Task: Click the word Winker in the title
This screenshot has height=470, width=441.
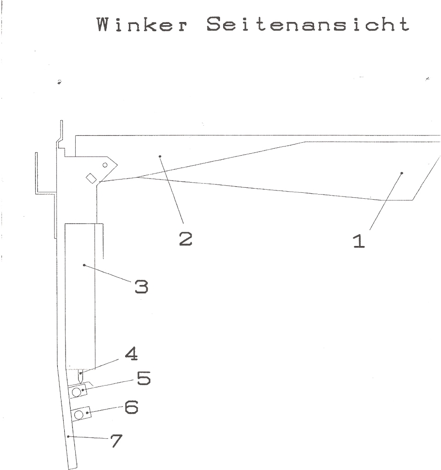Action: pyautogui.click(x=142, y=24)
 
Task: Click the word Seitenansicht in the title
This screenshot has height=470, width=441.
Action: pyautogui.click(x=308, y=24)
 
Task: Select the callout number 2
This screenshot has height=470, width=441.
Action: pyautogui.click(x=186, y=239)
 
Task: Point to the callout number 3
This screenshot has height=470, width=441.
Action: pyautogui.click(x=141, y=286)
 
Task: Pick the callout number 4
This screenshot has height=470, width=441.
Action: pyautogui.click(x=131, y=354)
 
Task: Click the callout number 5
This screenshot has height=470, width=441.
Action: pyautogui.click(x=143, y=378)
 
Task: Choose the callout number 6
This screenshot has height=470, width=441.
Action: pyautogui.click(x=131, y=407)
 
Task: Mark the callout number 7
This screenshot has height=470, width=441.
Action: pyautogui.click(x=116, y=441)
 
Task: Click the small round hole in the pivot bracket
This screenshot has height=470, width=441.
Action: pyautogui.click(x=105, y=165)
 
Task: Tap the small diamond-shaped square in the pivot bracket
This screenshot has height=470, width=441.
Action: pyautogui.click(x=91, y=179)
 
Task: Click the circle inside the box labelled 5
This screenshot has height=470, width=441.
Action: pyautogui.click(x=77, y=392)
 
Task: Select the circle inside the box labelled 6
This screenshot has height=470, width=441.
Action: pyautogui.click(x=79, y=415)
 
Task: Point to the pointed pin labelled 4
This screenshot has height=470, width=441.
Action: pyautogui.click(x=80, y=376)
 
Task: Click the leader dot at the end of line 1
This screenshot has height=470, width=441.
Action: pyautogui.click(x=402, y=173)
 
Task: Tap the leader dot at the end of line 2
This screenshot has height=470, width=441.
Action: pyautogui.click(x=160, y=156)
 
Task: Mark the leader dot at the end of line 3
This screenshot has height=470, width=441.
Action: pyautogui.click(x=84, y=265)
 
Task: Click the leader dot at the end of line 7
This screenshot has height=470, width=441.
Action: pyautogui.click(x=68, y=436)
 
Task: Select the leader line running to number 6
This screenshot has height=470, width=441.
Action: pyautogui.click(x=105, y=410)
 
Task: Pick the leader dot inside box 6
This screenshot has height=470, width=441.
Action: pyautogui.click(x=87, y=413)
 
